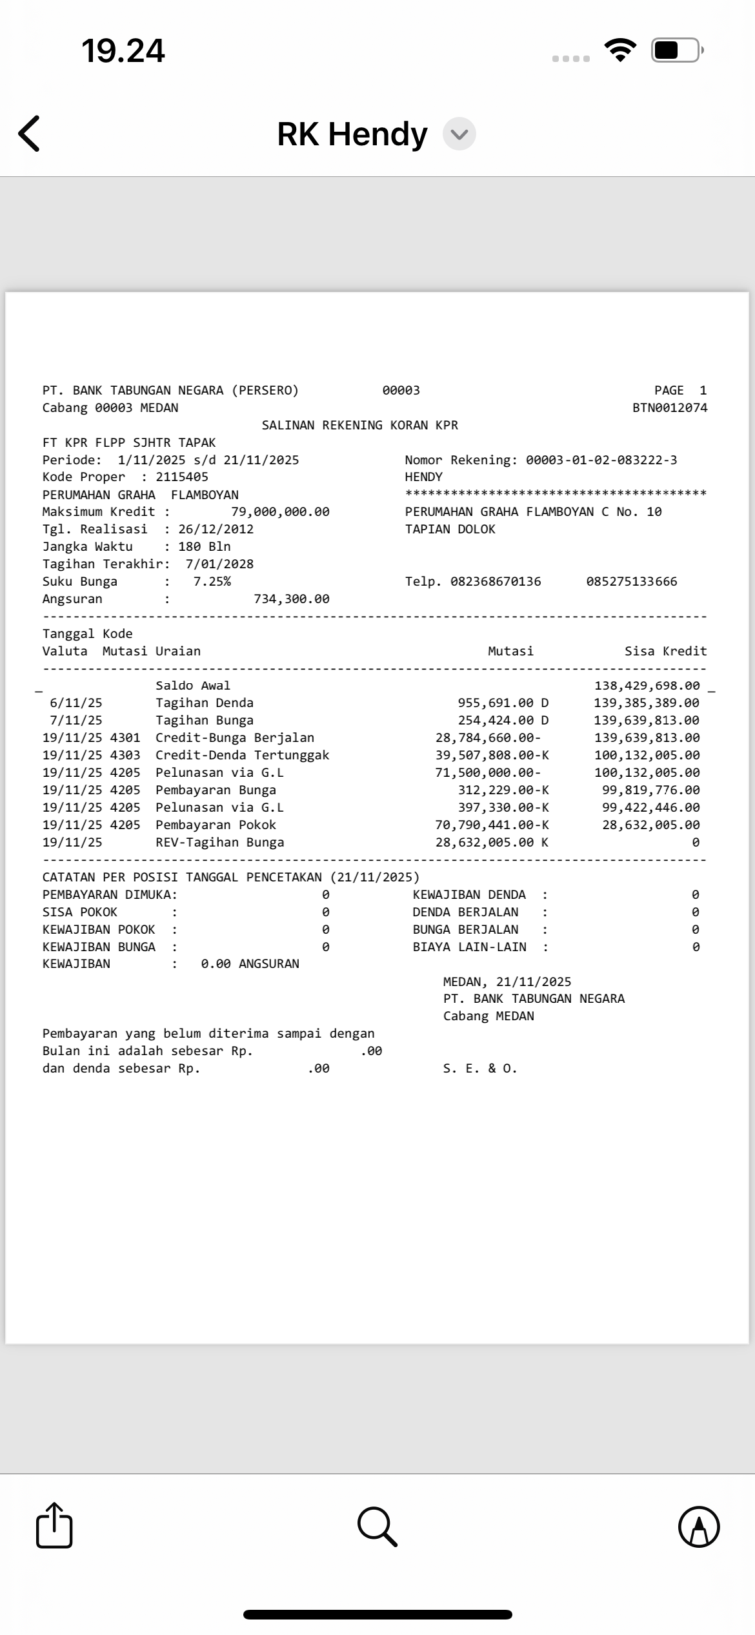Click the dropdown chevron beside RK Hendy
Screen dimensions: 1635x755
459,134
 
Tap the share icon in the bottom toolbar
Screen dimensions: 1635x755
54,1526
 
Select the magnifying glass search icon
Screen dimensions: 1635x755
377,1527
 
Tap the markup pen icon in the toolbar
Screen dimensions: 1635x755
699,1527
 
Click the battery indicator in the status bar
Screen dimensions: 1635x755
675,50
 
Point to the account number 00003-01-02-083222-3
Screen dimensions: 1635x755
601,460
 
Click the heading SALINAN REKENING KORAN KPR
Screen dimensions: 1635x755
360,426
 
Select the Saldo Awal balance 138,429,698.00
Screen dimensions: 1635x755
647,686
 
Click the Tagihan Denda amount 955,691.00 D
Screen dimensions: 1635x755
503,703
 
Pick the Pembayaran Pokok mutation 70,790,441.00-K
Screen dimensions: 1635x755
492,825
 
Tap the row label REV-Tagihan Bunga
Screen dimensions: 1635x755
219,843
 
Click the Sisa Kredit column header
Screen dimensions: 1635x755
665,652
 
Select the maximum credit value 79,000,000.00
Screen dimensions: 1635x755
280,512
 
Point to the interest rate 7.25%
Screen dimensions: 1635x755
212,582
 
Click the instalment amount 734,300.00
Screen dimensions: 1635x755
291,599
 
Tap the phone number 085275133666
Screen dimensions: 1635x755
632,582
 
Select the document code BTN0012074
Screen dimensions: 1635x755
670,408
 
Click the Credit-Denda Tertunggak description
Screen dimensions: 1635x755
242,756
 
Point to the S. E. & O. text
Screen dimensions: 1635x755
480,1069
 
